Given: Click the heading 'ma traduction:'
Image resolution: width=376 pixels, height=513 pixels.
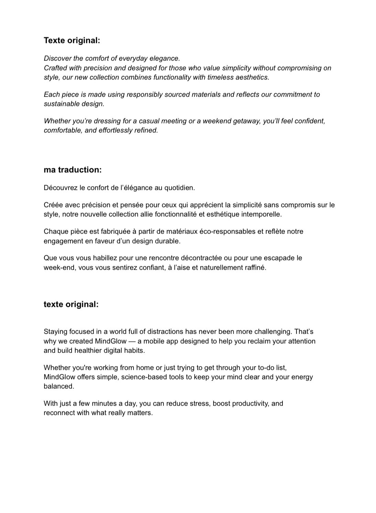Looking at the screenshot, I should (x=73, y=170).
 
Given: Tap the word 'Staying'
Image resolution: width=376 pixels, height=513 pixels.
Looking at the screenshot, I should (x=55, y=332).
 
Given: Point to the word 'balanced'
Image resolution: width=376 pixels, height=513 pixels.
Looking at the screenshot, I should (x=58, y=386).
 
